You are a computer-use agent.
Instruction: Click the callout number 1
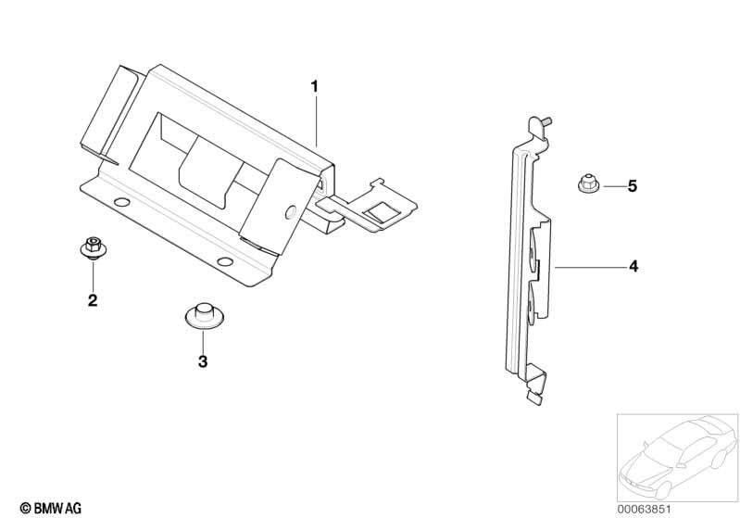coord(314,86)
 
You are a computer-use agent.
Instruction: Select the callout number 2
coord(93,299)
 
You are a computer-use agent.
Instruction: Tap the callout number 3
coord(203,361)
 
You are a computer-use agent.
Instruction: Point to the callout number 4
coord(633,267)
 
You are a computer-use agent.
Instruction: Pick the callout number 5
coord(632,186)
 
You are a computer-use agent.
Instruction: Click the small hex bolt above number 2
coord(92,247)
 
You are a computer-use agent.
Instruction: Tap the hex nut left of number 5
coord(587,184)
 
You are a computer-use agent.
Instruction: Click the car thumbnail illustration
coord(675,455)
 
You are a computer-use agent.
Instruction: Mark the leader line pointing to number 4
coord(588,267)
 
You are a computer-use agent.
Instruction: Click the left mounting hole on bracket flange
coord(119,202)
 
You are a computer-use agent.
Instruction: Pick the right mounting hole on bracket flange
coord(225,260)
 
